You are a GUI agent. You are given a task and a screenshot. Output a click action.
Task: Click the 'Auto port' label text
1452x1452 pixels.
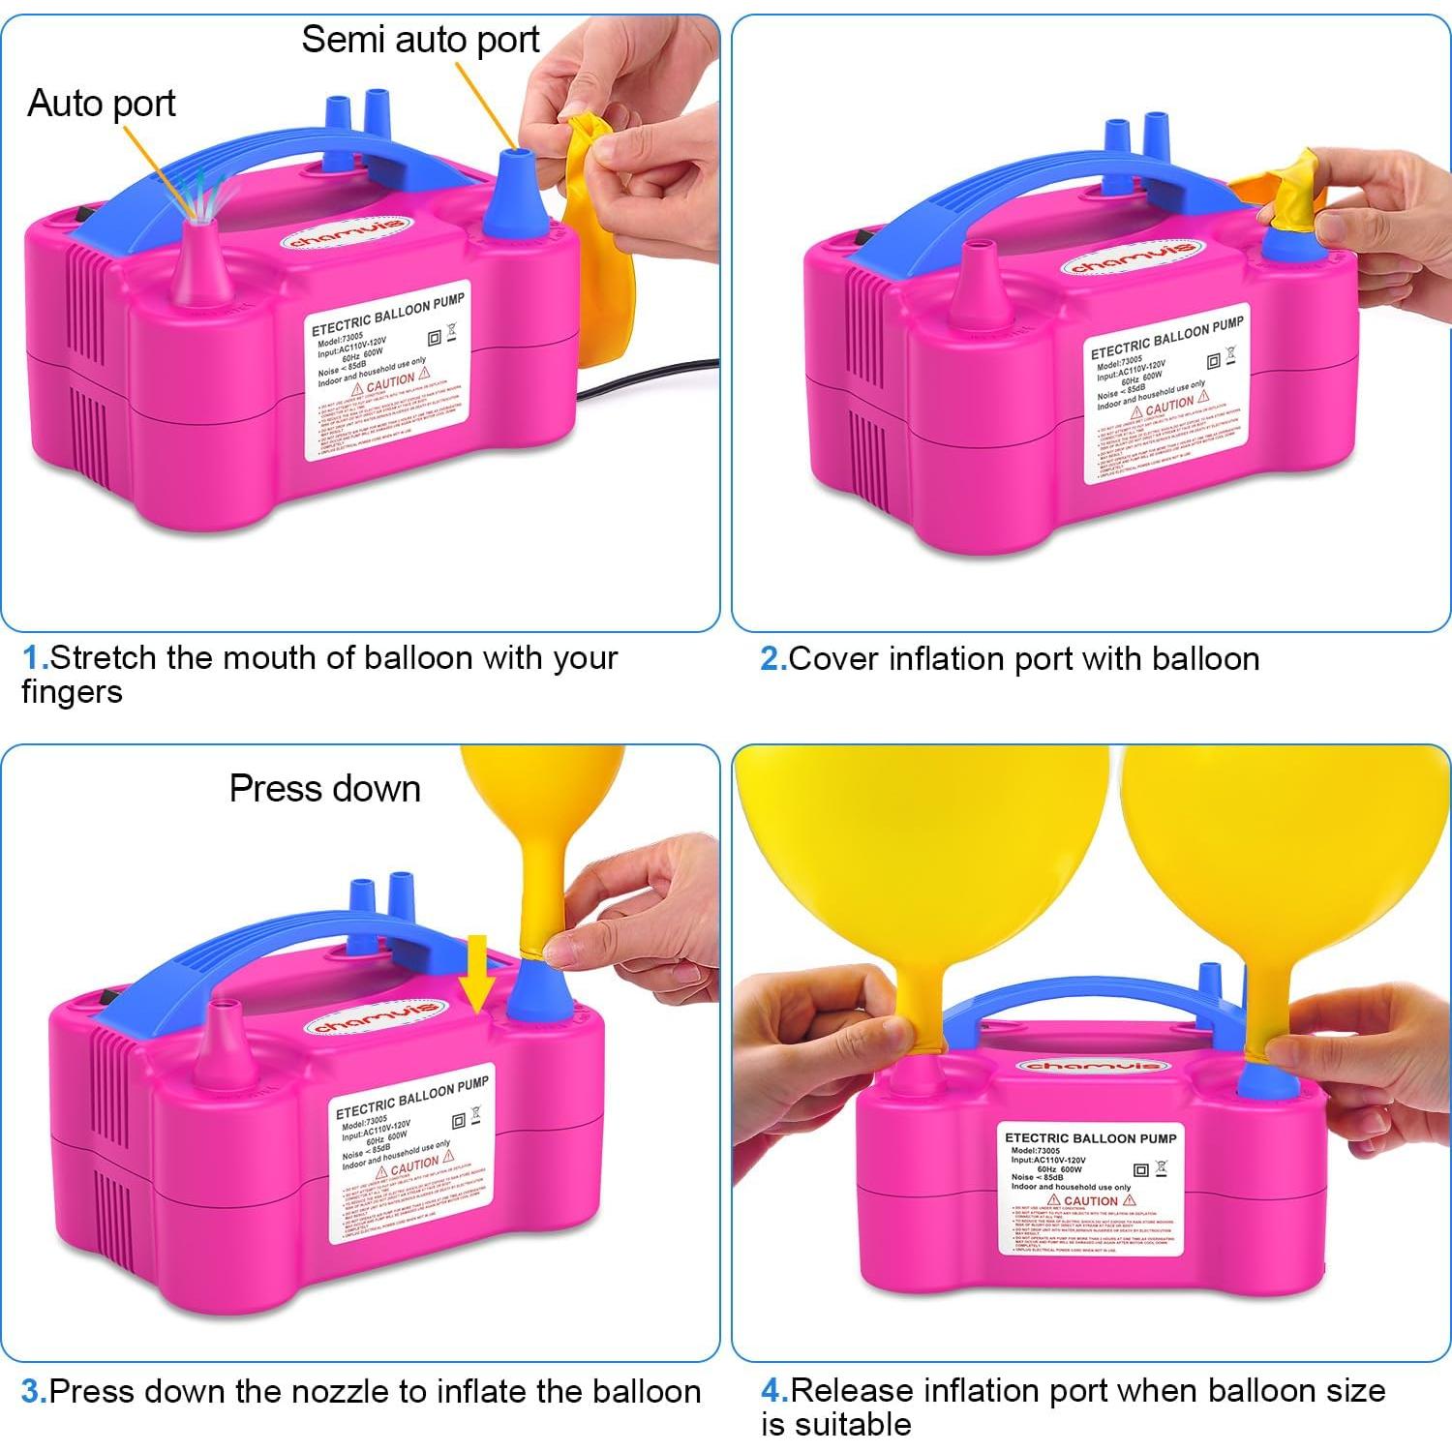click(x=102, y=103)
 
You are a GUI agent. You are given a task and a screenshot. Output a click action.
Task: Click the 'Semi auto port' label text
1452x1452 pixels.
click(x=420, y=40)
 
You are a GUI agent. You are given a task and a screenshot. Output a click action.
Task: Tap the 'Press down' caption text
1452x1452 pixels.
click(x=324, y=789)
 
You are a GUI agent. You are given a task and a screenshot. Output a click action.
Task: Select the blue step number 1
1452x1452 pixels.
click(x=34, y=658)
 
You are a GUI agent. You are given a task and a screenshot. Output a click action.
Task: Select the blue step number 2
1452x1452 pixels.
click(x=771, y=659)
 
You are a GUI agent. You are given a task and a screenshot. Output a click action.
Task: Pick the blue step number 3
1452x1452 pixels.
click(x=33, y=1392)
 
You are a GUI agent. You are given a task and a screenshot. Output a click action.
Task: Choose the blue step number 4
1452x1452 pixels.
click(x=772, y=1391)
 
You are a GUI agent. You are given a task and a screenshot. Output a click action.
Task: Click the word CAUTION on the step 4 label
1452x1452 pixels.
click(x=1090, y=1200)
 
